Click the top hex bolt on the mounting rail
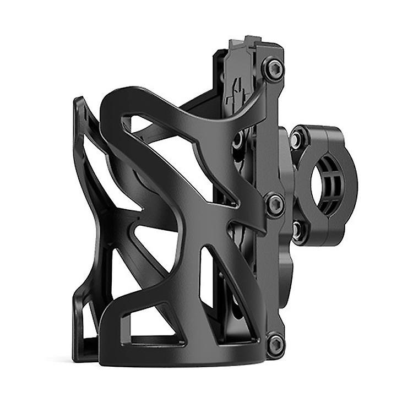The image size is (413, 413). (x=273, y=69)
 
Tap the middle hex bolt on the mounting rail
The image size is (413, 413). (x=275, y=204)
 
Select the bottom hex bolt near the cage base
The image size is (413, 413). (x=275, y=344)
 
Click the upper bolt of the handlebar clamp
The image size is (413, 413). (x=298, y=140)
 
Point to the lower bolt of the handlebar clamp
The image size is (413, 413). (x=298, y=231)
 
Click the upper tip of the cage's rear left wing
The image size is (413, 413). (x=78, y=102)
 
